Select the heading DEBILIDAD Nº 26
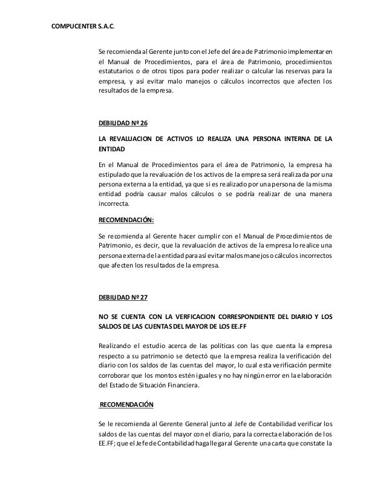click(123, 123)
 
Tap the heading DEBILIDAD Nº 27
click(123, 298)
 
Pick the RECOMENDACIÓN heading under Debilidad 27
click(127, 403)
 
